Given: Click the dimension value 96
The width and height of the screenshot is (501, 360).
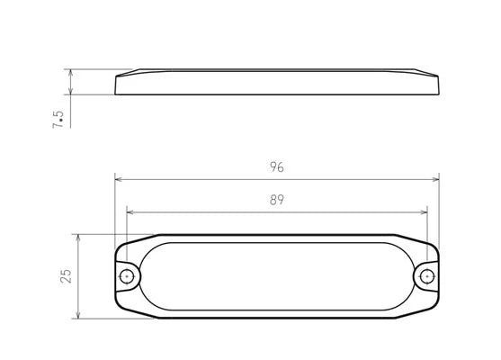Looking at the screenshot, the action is [277, 166].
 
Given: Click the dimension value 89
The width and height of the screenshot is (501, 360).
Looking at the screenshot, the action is [277, 200].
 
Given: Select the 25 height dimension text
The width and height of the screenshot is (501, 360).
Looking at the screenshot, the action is [67, 276].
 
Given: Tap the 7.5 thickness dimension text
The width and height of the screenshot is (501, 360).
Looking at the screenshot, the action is [58, 120].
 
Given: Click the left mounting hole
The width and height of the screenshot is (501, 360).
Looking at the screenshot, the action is [127, 276].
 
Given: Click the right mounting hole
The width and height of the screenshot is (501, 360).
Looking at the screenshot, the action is [427, 276].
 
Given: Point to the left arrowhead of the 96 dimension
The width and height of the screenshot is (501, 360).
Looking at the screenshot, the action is [119, 179].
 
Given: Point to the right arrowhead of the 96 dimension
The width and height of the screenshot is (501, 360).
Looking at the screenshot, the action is [435, 179].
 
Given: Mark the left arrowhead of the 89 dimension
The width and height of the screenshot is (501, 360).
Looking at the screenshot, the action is [130, 212].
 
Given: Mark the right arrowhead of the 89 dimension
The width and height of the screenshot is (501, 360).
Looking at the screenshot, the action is [424, 212].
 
